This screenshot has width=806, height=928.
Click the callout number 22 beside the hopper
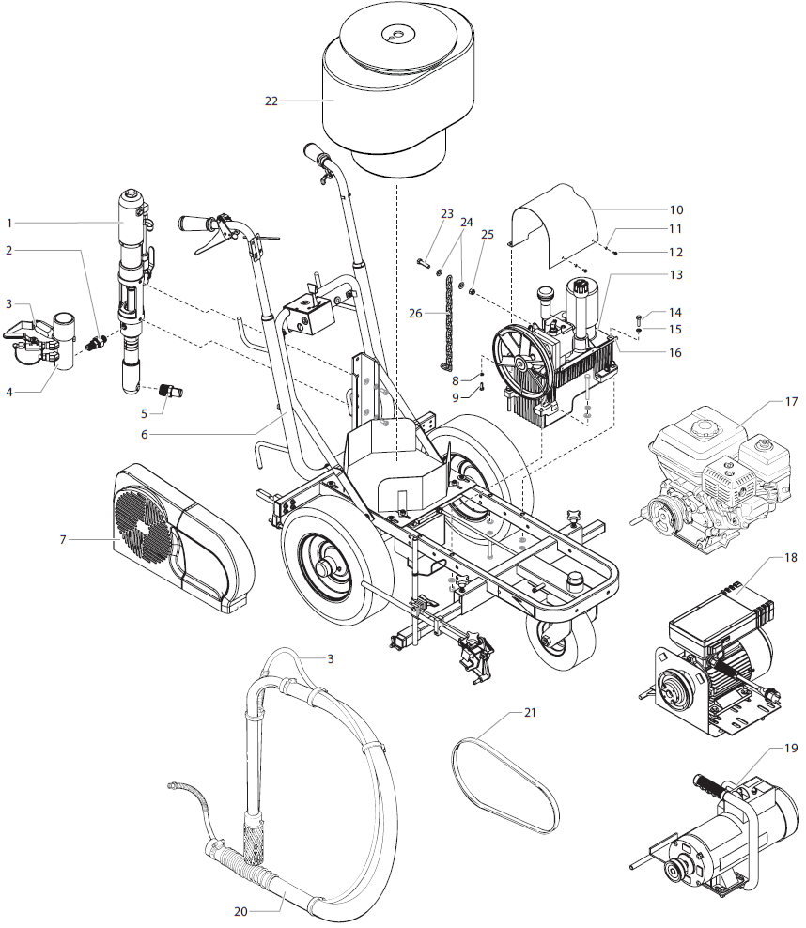coord(271,101)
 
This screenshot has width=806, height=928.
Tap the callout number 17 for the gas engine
coord(791,401)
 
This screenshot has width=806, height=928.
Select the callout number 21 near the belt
coord(530,713)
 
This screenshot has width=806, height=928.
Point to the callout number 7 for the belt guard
coord(63,539)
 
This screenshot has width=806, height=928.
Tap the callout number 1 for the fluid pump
coord(8,223)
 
